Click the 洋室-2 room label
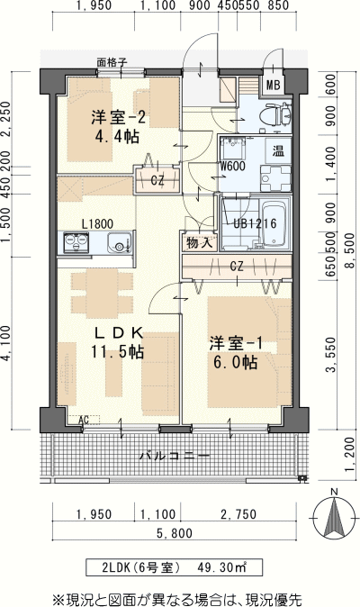[118, 117]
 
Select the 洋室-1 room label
[237, 343]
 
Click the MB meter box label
[274, 85]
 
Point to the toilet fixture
[275, 115]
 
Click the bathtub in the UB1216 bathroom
[274, 223]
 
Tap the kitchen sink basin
[120, 243]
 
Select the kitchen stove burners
[76, 243]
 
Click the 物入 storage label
[200, 243]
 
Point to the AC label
[84, 420]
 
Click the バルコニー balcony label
[175, 456]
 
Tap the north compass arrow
[335, 519]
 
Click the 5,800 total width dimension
[175, 533]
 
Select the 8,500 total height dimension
[350, 251]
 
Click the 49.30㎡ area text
[221, 567]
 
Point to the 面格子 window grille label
[112, 63]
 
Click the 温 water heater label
[278, 151]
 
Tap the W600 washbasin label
[232, 166]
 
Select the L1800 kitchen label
[98, 223]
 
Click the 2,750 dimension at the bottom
[238, 514]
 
